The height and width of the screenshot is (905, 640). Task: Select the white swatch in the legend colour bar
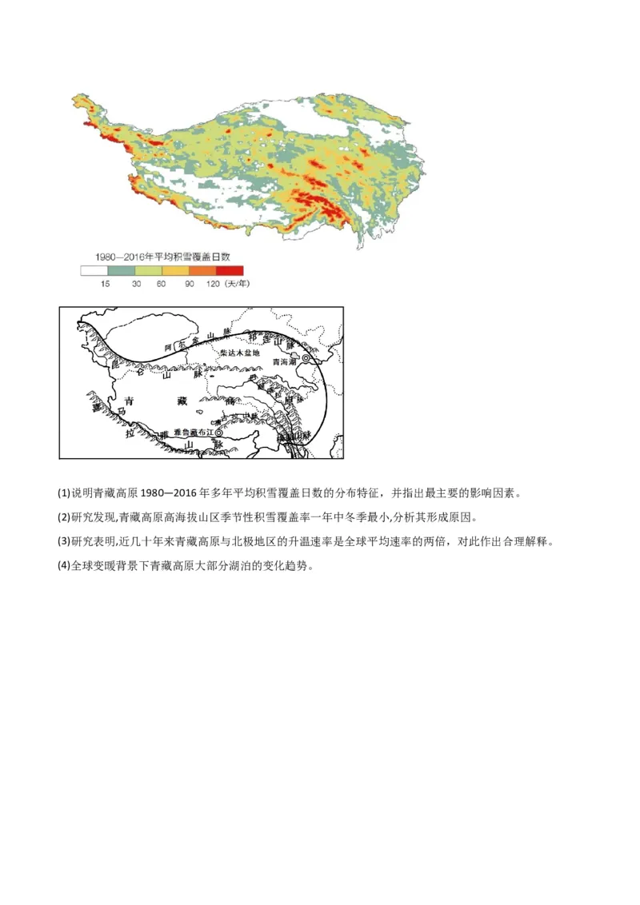pos(94,271)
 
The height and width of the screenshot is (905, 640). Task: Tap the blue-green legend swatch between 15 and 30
pos(121,271)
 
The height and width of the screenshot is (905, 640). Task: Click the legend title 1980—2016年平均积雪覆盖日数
pos(162,257)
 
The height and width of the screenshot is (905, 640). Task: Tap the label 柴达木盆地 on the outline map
pos(240,353)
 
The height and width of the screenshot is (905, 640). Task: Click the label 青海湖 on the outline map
pos(285,361)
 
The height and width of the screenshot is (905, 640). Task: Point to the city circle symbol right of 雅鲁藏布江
pos(219,432)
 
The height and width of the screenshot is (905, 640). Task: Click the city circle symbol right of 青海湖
pos(306,358)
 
